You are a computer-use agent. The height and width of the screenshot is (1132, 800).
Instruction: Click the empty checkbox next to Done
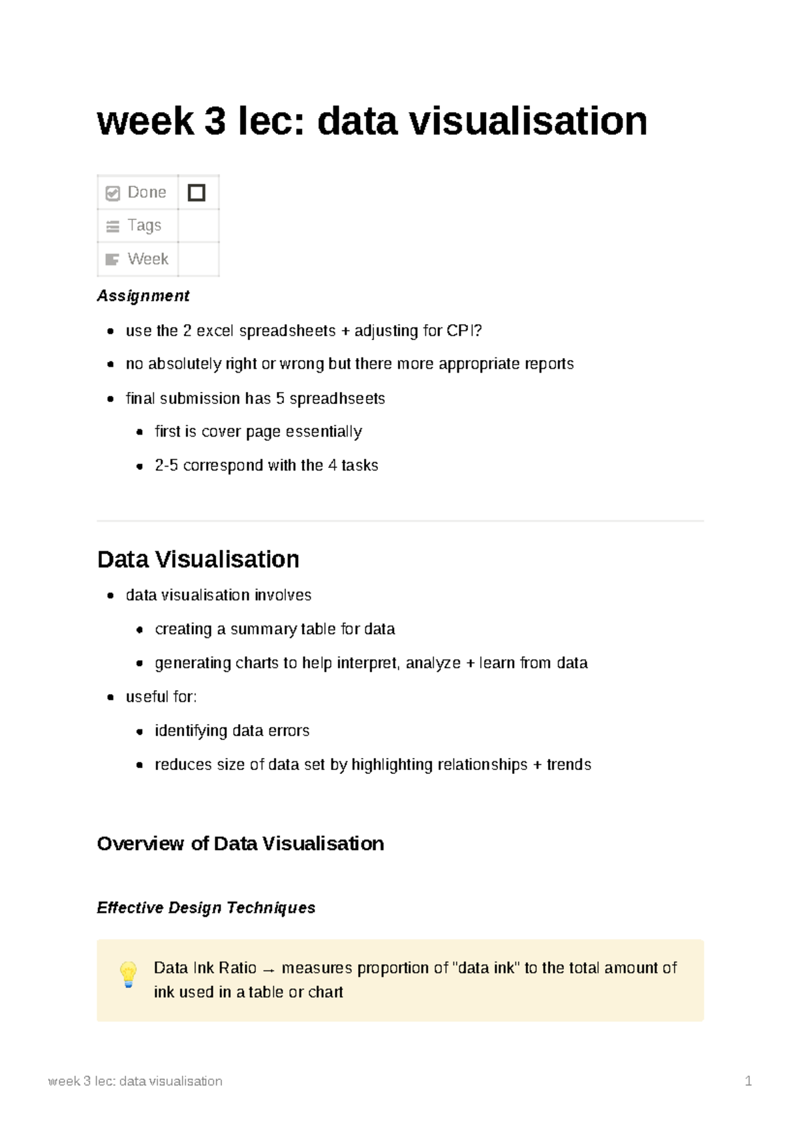click(197, 193)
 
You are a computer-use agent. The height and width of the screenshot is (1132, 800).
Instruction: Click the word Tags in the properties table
click(144, 225)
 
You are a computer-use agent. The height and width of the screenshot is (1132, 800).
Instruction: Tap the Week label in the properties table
click(147, 259)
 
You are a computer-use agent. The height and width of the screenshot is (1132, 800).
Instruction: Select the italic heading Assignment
click(143, 296)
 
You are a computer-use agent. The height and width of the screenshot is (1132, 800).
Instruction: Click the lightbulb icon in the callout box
click(129, 974)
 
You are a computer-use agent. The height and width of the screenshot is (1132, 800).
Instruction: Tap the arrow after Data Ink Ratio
click(269, 969)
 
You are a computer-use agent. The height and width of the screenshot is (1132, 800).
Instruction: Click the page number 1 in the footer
click(748, 1081)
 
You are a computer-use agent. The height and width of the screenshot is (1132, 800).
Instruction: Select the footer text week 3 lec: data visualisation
click(135, 1081)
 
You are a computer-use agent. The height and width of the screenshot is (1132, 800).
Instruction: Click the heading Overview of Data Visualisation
click(240, 844)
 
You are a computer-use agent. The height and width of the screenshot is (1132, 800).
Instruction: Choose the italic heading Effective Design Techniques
click(206, 908)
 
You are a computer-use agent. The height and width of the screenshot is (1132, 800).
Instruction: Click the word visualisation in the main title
click(527, 121)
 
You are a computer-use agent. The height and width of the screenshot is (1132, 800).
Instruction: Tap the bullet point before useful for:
click(111, 697)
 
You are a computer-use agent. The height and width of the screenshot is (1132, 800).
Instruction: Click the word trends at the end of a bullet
click(569, 765)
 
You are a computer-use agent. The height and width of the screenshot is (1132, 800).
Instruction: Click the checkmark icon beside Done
click(113, 193)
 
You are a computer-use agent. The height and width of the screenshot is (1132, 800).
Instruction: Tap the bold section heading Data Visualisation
click(198, 559)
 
